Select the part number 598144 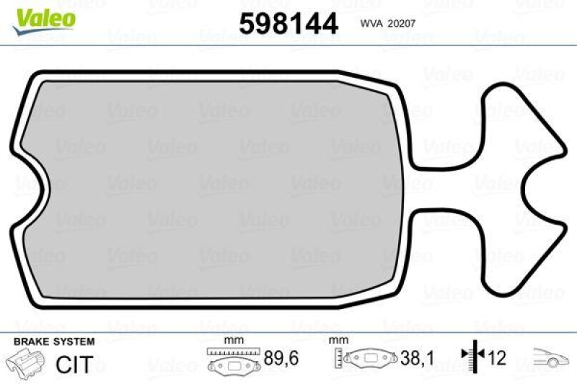(x=288, y=24)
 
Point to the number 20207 (x=402, y=22)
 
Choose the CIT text (x=74, y=365)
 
